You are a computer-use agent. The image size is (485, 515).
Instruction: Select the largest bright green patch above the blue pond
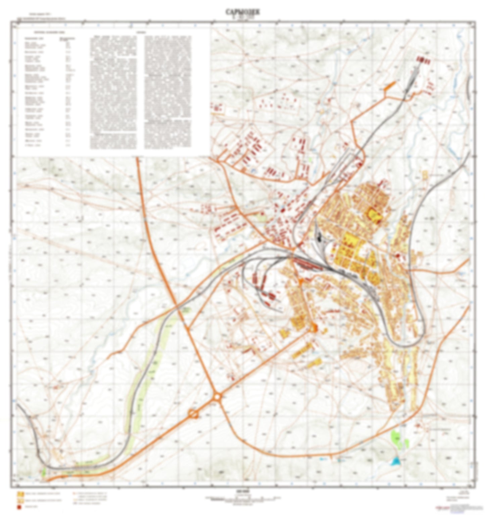tap(396, 437)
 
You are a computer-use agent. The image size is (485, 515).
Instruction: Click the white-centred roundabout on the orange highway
tap(217, 397)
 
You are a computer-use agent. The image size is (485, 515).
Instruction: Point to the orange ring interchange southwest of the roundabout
tap(193, 414)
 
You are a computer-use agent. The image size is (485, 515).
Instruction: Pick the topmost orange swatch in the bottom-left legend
tap(20, 494)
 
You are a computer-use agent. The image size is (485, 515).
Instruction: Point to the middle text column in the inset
tap(113, 92)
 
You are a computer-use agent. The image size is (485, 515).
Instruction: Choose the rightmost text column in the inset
tap(167, 92)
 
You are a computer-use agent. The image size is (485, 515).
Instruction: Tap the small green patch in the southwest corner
tap(44, 472)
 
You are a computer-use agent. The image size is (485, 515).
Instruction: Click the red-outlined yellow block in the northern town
tap(373, 214)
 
